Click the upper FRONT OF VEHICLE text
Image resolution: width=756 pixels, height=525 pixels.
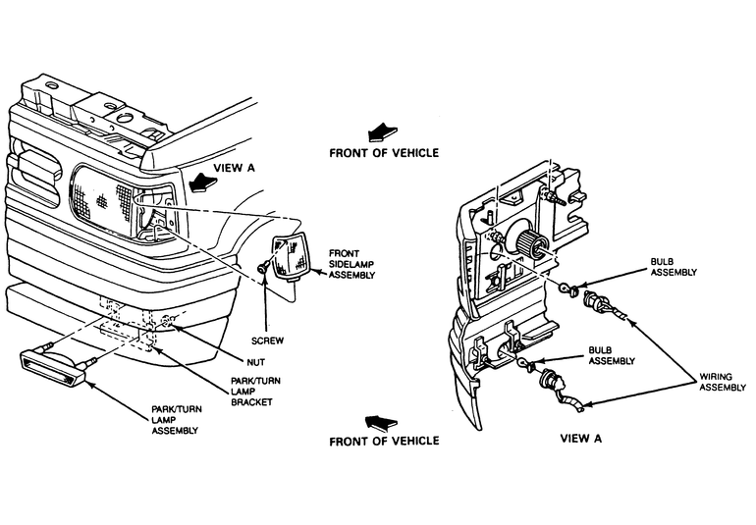[x=384, y=153]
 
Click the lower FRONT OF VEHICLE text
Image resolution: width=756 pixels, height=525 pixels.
[x=384, y=442]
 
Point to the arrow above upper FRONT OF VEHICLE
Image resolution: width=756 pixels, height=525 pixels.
[x=378, y=131]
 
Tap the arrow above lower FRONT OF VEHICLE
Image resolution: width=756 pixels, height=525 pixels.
[x=379, y=421]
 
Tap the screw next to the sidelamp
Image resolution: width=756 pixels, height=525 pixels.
[x=260, y=267]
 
